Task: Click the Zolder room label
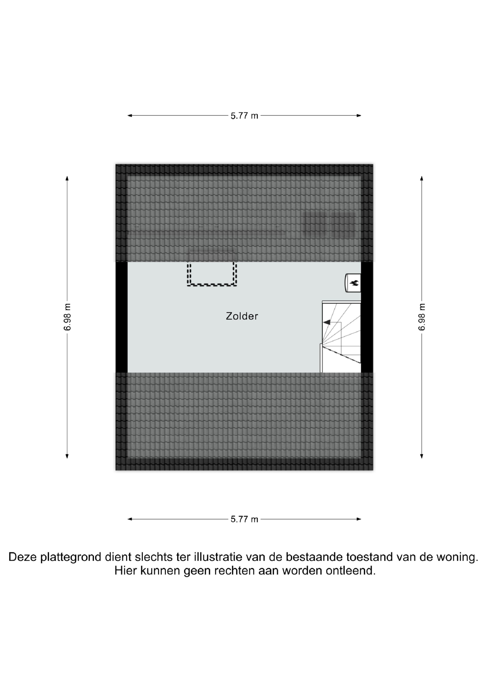(x=242, y=316)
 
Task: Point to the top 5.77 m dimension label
(x=244, y=116)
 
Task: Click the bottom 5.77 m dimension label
(x=244, y=519)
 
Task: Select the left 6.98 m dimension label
(x=67, y=317)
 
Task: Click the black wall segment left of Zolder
(x=122, y=317)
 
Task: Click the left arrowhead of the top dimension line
(x=130, y=115)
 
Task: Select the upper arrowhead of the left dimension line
(x=67, y=178)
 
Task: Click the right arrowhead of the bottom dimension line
(x=359, y=519)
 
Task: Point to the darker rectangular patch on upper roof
(x=330, y=222)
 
